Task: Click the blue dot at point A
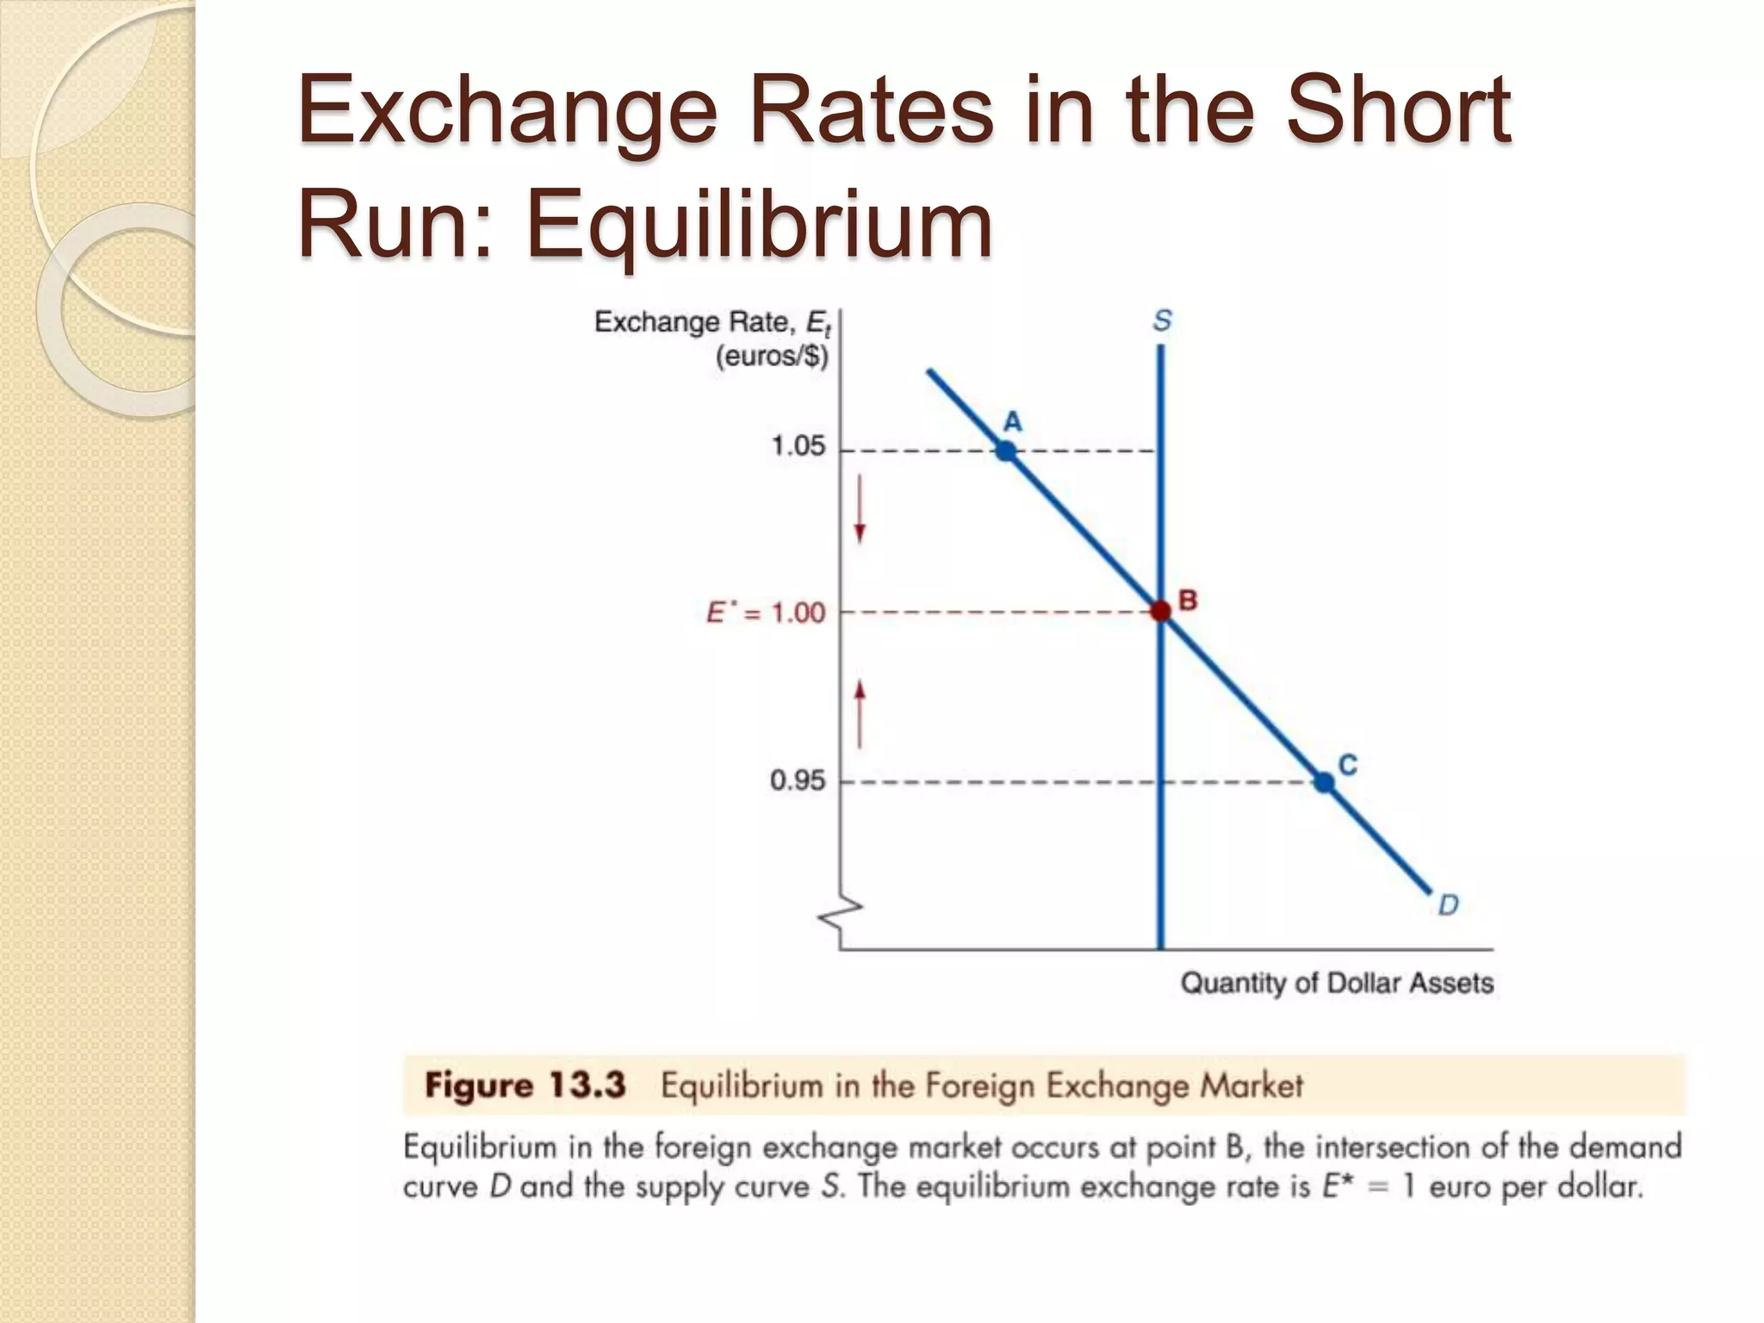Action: coord(1005,450)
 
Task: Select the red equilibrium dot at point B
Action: coord(1161,612)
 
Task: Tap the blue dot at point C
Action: coord(1325,782)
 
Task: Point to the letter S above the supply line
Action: coord(1162,320)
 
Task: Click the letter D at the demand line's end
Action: coord(1448,905)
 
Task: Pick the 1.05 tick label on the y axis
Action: coord(798,446)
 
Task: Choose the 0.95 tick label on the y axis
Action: coord(797,780)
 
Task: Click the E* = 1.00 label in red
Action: coord(766,612)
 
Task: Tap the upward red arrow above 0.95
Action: coord(860,712)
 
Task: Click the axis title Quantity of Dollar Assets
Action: coord(1336,983)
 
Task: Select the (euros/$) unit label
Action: coord(772,356)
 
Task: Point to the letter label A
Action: coord(1013,421)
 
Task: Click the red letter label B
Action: coord(1188,600)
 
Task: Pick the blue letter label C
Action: coord(1348,764)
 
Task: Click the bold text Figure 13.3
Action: coord(525,1085)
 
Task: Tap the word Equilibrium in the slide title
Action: coord(759,226)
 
